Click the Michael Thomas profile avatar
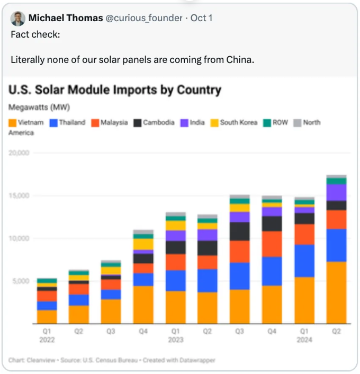(x=17, y=19)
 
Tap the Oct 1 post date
(x=202, y=19)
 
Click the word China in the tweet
(x=240, y=59)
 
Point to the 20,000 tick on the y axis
(x=19, y=153)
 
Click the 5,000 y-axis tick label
(x=21, y=281)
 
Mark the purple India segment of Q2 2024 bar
(x=336, y=192)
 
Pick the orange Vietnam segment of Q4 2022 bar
(x=143, y=305)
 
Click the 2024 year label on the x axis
(x=304, y=340)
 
